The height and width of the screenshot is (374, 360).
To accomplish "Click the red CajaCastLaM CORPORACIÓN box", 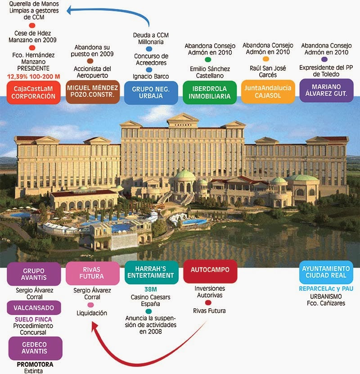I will pos(33,92).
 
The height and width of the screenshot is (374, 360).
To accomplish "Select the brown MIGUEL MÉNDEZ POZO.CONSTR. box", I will pos(92,92).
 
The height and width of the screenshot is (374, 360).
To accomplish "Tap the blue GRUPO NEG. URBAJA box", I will pos(150,92).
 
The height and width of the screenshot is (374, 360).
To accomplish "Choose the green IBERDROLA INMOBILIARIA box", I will pos(210,92).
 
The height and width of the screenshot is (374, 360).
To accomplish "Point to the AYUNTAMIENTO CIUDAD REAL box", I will pos(325,272).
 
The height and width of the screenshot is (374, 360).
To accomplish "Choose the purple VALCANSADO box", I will pos(34,308).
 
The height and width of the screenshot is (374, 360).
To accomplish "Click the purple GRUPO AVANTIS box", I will pos(34,274).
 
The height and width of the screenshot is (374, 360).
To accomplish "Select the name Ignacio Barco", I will pos(150,77).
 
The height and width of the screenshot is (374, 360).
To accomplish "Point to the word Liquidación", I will pos(92,313).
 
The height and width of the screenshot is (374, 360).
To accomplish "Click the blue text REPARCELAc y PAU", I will pos(325,288).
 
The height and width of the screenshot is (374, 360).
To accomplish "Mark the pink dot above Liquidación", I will pos(92,305).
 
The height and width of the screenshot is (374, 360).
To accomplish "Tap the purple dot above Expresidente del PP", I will pos(324,59).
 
